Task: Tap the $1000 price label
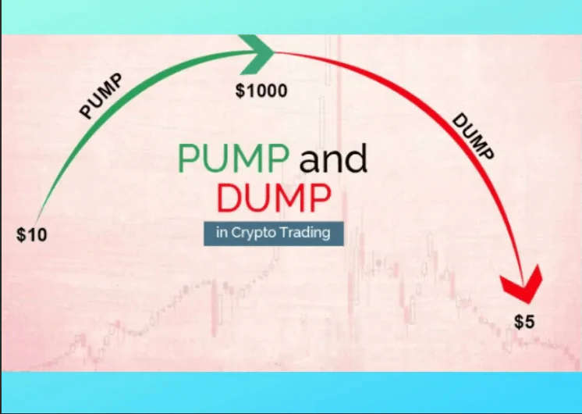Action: [261, 91]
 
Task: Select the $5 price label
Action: [525, 321]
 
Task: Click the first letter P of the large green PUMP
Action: [190, 159]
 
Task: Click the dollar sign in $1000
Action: [240, 91]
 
